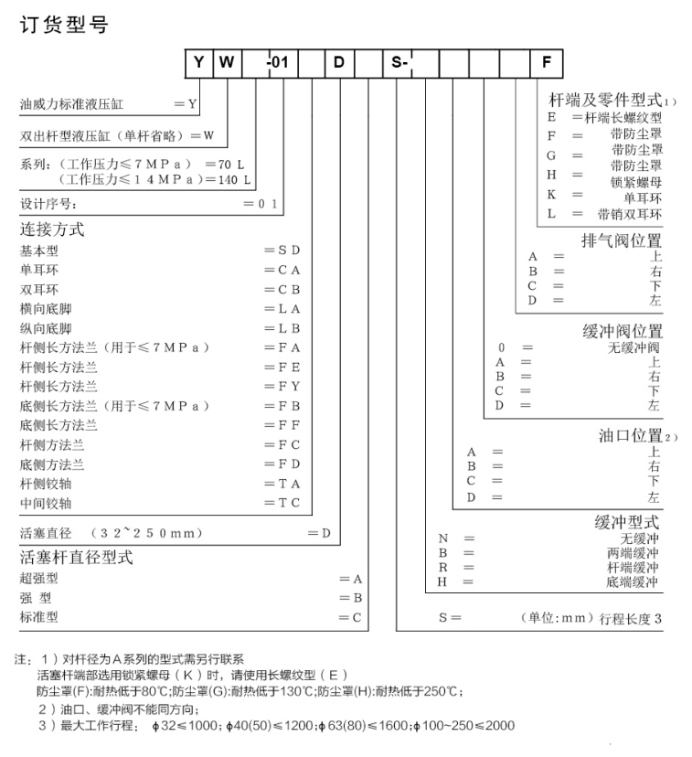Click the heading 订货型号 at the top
click(64, 25)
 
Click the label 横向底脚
click(46, 308)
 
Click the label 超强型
click(38, 579)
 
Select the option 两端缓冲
click(633, 552)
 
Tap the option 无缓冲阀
click(633, 347)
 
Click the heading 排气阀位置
click(623, 240)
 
